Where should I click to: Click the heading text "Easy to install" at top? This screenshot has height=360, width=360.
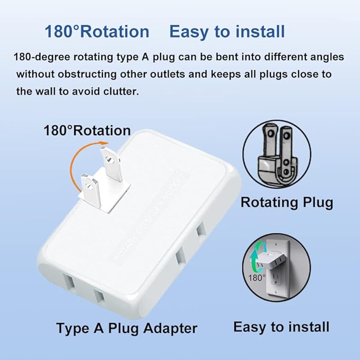coord(226,32)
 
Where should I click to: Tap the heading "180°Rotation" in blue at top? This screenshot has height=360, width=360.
coord(97,32)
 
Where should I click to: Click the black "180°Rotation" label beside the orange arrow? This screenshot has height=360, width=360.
coord(87,130)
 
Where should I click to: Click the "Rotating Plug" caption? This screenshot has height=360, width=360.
coord(287,202)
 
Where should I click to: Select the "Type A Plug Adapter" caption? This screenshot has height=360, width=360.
coord(127,328)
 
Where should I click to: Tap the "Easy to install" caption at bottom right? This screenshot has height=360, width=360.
coord(281,327)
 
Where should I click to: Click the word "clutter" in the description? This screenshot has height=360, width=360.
coord(106,91)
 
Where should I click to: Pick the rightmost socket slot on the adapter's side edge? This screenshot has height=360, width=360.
coord(200,231)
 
